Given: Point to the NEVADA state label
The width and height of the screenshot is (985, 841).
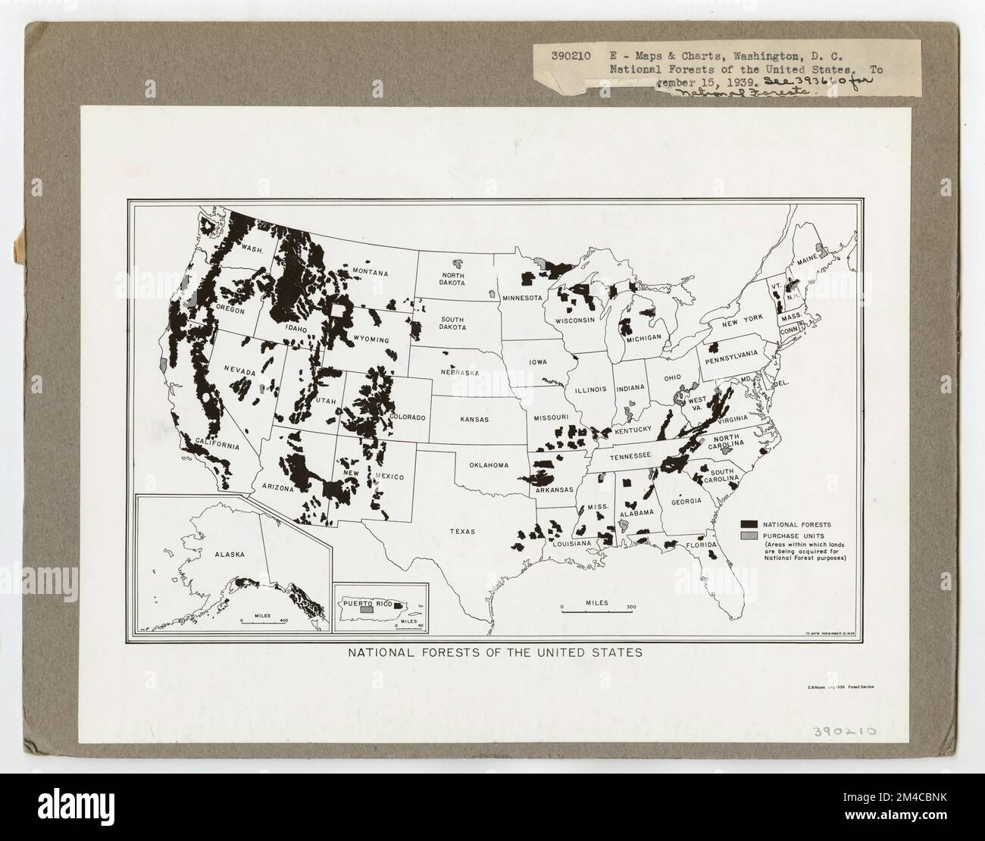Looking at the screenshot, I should coord(239,370).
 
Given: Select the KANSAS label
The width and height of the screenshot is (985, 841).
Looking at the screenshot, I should coord(473,419).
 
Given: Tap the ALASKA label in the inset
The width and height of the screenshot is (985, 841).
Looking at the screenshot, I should coord(230,554).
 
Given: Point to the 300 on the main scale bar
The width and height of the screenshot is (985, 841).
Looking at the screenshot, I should coord(631,607).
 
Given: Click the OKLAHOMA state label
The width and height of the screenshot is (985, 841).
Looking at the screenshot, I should coord(489,465).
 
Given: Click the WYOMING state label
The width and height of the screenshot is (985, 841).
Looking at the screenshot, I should coord(372,339).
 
